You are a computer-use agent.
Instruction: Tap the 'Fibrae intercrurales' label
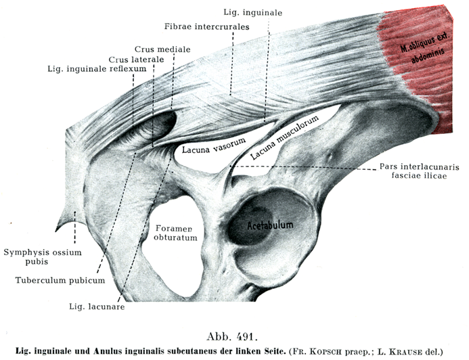[207, 26]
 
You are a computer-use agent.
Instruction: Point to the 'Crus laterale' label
[136, 60]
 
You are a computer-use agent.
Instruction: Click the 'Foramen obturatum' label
[175, 232]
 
